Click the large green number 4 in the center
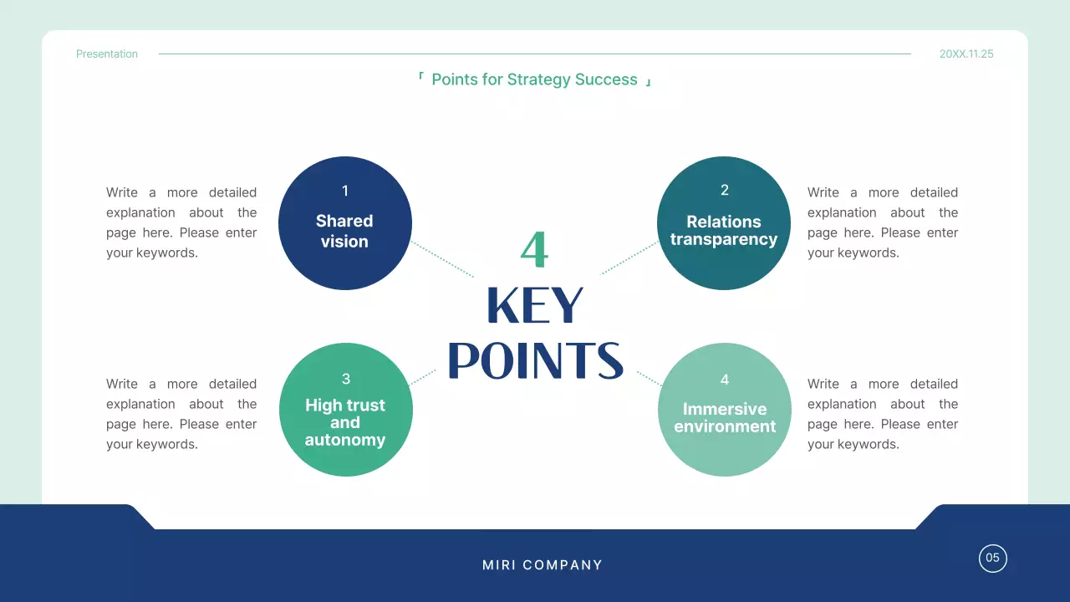click(x=534, y=249)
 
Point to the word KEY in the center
click(x=535, y=306)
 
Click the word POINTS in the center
click(x=535, y=360)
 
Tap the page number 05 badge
click(x=992, y=559)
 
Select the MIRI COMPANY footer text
click(x=543, y=565)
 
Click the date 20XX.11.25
click(x=966, y=54)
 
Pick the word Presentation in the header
click(x=107, y=54)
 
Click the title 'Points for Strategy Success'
click(x=534, y=80)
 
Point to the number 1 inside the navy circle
click(x=344, y=191)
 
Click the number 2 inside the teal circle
click(x=724, y=191)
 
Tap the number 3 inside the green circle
click(x=345, y=380)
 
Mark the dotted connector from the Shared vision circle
click(x=443, y=260)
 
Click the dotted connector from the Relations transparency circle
click(x=629, y=258)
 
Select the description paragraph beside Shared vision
click(x=181, y=222)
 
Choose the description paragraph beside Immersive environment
click(x=883, y=414)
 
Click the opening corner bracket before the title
click(x=420, y=77)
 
